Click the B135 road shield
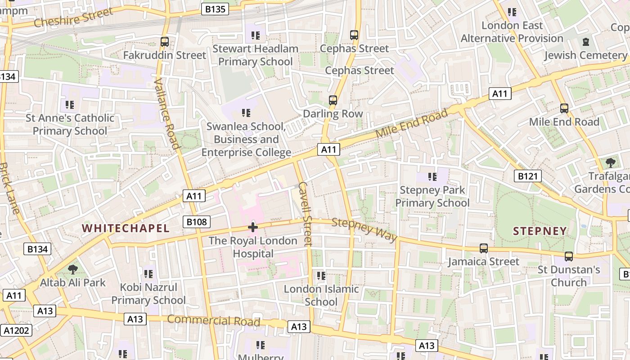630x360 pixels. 215,9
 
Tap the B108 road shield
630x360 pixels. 197,221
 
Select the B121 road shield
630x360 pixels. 527,176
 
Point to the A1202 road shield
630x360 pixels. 17,331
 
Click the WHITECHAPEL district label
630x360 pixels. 126,228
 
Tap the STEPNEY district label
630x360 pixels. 540,231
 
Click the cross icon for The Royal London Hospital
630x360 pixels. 253,227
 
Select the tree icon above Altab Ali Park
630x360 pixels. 72,270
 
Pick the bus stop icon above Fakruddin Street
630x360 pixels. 165,42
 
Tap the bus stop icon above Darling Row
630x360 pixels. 333,100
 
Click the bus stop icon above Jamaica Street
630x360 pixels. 484,248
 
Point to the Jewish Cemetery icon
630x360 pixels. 585,42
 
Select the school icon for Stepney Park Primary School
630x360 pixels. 432,177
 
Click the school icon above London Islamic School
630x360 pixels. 321,275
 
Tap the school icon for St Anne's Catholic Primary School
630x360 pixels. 70,105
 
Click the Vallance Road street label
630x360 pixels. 167,113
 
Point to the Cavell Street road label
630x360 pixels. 305,213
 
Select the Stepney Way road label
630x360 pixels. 365,229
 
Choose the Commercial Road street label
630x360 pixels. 214,321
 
